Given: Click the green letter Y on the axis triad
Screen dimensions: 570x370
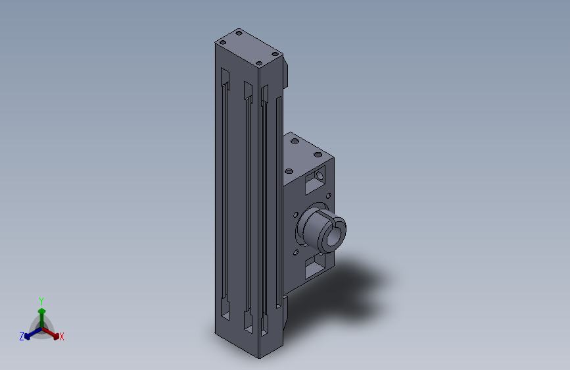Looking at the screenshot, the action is click(41, 301).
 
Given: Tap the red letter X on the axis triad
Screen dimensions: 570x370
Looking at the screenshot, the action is click(61, 337).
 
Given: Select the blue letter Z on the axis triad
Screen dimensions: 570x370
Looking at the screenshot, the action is click(22, 336).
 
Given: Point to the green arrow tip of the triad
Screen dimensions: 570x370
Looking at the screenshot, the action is click(41, 311).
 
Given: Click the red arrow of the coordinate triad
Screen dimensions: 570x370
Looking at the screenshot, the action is click(51, 333).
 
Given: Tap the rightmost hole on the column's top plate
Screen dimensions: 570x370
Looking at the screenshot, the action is click(275, 54).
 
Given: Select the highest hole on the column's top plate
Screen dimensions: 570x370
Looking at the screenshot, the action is click(239, 33).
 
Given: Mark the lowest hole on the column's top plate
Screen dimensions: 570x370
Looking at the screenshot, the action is click(259, 64).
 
